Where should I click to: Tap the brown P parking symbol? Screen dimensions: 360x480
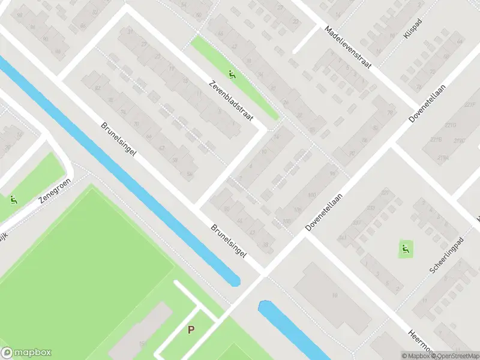point(191,329)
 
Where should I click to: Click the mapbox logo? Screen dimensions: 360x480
point(26,353)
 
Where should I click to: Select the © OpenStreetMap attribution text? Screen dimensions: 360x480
point(455,356)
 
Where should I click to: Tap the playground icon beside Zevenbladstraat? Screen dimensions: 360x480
point(232,75)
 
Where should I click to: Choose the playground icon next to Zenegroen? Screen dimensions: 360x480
point(13,200)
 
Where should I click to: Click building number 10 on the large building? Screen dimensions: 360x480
point(334,295)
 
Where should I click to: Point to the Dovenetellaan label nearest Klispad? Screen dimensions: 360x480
point(424,108)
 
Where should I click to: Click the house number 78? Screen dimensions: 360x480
point(390,113)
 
